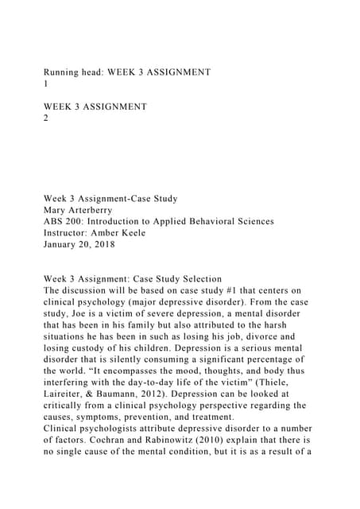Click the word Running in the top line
click(64, 72)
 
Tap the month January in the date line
click(66, 245)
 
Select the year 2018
click(116, 245)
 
